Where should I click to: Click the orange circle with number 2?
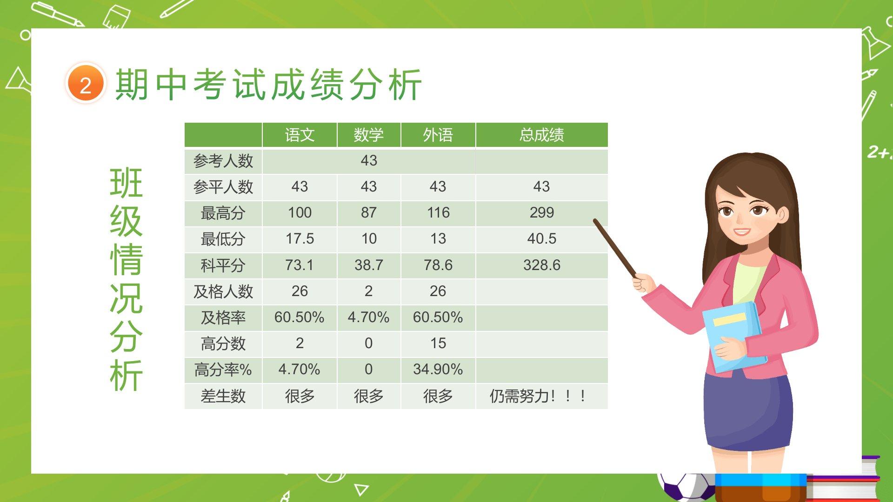(86, 84)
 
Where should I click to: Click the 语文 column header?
(300, 135)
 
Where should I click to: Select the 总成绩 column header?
(542, 135)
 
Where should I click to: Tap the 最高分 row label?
(223, 213)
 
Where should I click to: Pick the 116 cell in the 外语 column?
(438, 213)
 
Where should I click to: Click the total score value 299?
(542, 213)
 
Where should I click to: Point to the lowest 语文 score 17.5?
(300, 239)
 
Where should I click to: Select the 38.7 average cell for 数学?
(369, 265)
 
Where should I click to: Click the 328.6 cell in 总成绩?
(542, 265)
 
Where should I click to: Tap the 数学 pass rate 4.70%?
(369, 317)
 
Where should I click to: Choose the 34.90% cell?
(438, 370)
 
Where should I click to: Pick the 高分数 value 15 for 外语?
(438, 343)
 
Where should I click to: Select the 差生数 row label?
(223, 396)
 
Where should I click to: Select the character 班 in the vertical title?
(126, 183)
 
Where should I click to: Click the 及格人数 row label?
(223, 291)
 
